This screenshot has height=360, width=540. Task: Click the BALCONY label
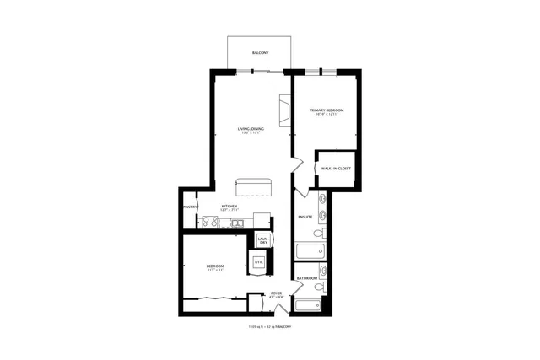(261, 53)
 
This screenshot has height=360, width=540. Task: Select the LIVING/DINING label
(251, 130)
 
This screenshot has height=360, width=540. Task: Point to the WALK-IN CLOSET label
(336, 168)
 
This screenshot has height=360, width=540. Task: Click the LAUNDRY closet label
(262, 240)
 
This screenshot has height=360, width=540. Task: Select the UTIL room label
(259, 263)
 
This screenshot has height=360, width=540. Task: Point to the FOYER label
(276, 295)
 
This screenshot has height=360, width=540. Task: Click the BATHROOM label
(306, 277)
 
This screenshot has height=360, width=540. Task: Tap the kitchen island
(255, 185)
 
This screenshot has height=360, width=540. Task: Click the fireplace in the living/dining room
(284, 110)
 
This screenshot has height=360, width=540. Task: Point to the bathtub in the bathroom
(311, 305)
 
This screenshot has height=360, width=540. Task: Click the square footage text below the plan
(270, 327)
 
